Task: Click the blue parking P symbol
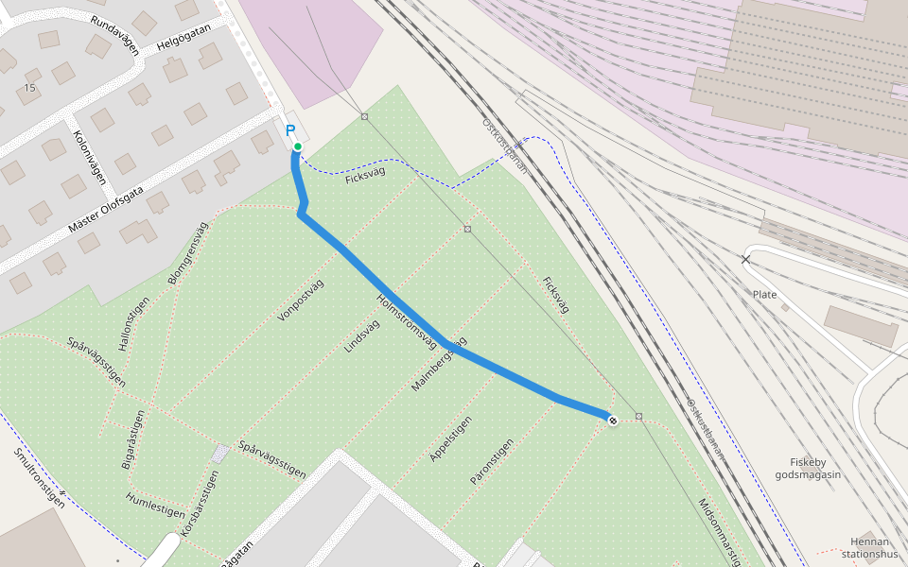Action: point(290,131)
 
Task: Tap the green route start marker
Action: point(297,146)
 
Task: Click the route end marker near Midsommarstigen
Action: point(613,420)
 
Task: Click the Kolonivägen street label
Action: point(88,155)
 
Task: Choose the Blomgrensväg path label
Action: point(186,252)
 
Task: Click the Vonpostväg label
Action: point(302,301)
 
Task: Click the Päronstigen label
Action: point(492,461)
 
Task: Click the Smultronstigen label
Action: point(39,477)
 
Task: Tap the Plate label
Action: point(764,295)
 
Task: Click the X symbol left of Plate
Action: point(745,259)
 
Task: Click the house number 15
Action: point(29,88)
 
